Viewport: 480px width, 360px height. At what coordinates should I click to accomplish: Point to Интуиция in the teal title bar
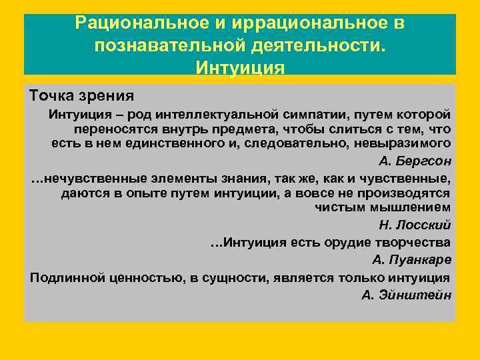tap(240, 68)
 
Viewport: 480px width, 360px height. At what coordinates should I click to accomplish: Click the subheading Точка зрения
tap(82, 96)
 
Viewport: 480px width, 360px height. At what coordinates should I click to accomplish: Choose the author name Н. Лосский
tap(415, 225)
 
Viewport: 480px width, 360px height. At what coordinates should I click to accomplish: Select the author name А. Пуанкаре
tap(411, 259)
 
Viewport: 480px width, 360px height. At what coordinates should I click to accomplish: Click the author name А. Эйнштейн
tap(407, 295)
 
